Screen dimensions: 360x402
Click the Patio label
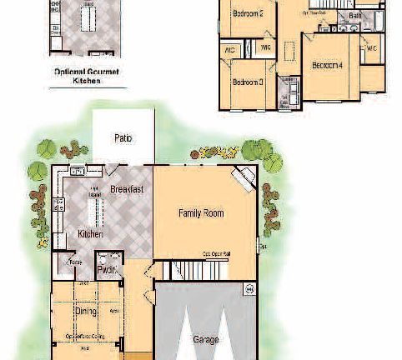click(123, 138)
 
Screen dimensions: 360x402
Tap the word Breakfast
click(127, 189)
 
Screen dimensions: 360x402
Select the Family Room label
click(201, 213)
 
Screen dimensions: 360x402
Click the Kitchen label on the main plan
click(90, 234)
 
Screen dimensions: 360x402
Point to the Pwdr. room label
click(106, 270)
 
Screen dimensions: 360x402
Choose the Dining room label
click(85, 311)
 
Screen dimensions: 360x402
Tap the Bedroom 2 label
click(248, 13)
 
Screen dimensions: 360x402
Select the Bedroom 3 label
click(248, 82)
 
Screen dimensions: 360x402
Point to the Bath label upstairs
click(355, 16)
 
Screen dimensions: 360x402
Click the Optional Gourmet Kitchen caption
click(87, 77)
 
